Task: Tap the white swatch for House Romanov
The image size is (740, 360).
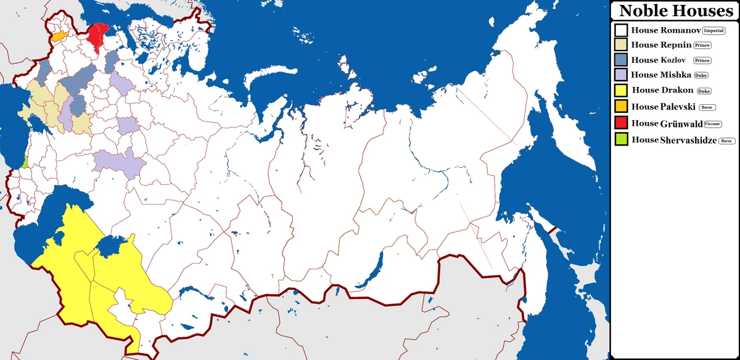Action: (x=621, y=30)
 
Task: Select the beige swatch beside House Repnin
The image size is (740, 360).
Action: (x=621, y=45)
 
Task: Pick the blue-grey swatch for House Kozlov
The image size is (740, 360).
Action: (x=621, y=60)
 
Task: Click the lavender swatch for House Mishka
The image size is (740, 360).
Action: (x=621, y=75)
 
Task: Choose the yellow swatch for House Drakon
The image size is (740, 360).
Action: (x=621, y=91)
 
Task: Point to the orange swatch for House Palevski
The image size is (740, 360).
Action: (x=621, y=107)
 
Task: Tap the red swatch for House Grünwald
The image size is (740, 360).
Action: (x=621, y=123)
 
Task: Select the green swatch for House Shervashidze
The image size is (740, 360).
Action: (x=621, y=140)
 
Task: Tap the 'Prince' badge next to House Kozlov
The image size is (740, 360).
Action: (x=702, y=60)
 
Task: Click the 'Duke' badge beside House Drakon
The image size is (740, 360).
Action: (x=704, y=91)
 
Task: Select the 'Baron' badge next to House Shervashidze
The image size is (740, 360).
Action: (x=727, y=141)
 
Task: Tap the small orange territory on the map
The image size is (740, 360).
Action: (x=58, y=36)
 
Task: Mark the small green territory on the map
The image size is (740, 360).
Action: (x=25, y=162)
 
